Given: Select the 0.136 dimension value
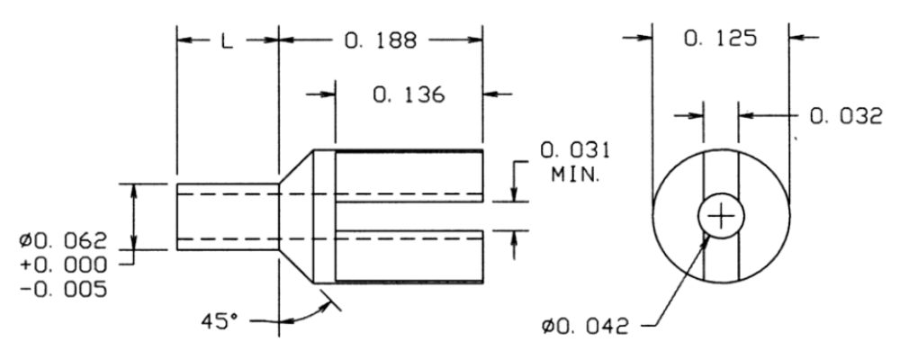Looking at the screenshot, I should [x=410, y=94].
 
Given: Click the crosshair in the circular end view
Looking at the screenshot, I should [x=721, y=216].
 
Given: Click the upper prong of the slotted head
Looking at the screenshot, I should [x=409, y=171].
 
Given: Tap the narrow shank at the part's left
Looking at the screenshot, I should [x=227, y=216].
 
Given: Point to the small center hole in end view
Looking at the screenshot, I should [x=721, y=216].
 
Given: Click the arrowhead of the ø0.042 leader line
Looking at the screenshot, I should [x=707, y=236].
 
